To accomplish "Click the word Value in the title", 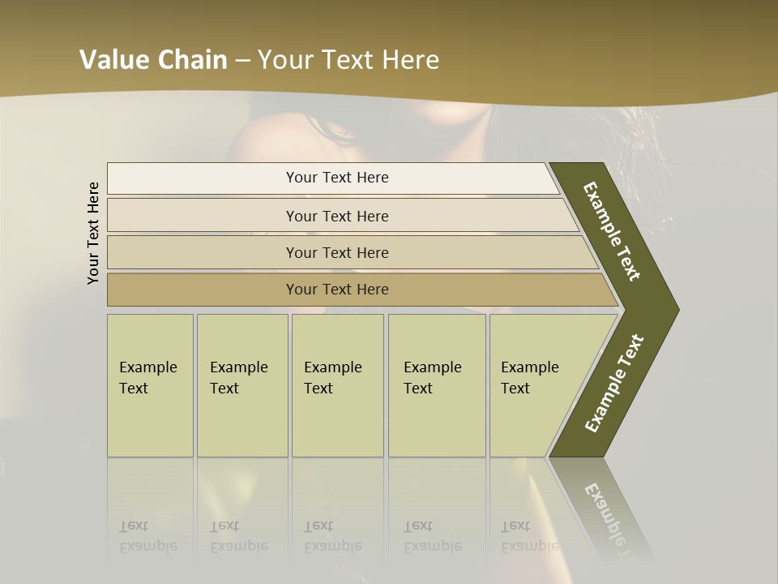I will tap(113, 60).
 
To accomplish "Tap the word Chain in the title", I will tap(192, 60).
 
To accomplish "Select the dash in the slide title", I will tap(242, 61).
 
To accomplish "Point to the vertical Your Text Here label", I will tap(93, 233).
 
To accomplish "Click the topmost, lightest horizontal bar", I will tap(336, 178).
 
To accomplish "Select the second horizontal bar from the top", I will tap(336, 216).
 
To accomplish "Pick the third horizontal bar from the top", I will tap(336, 252).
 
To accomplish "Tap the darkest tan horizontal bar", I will tap(336, 290).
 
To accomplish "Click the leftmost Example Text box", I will tap(150, 384).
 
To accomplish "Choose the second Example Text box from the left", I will tap(242, 384).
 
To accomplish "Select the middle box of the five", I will tap(337, 384).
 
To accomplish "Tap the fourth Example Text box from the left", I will tap(437, 384).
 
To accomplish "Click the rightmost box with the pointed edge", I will tap(535, 384).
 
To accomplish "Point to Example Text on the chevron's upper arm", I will tap(612, 231).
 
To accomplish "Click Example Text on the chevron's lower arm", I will tap(614, 384).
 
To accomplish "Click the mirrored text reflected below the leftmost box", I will tap(148, 536).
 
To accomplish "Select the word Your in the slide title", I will tap(285, 60).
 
